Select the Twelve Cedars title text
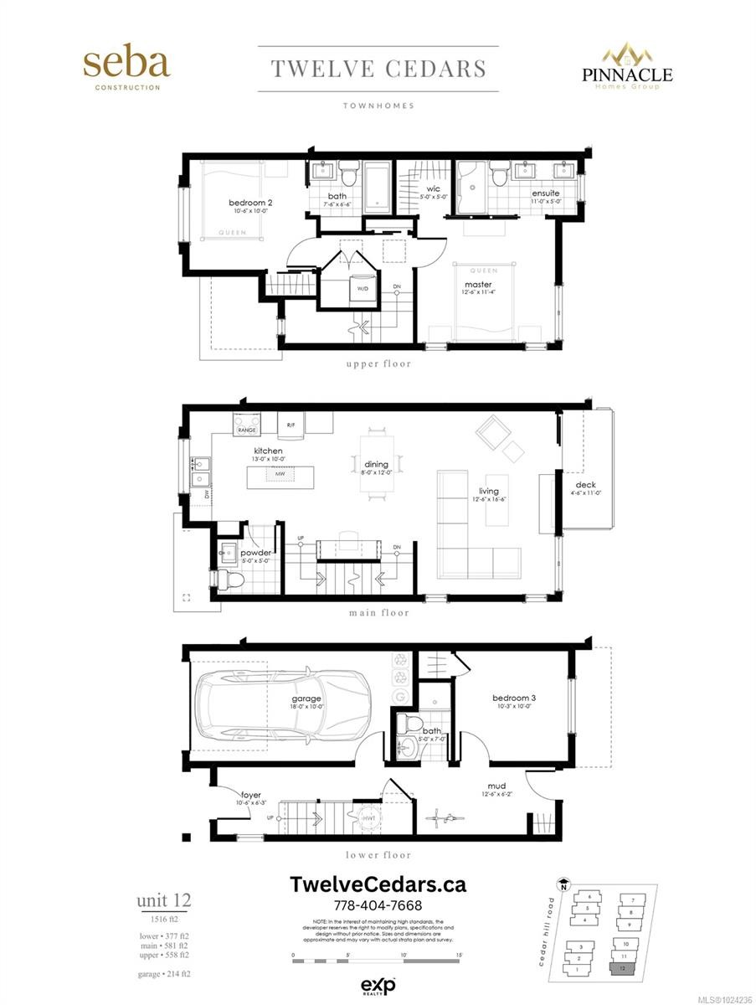(x=378, y=69)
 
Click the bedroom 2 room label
(x=250, y=203)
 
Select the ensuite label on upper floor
(x=545, y=194)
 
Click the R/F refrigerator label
(x=291, y=425)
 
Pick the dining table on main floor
(x=376, y=466)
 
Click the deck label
(x=585, y=485)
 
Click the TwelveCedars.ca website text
(x=378, y=884)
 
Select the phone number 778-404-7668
(x=378, y=906)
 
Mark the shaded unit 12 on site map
(x=622, y=968)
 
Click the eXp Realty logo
(x=378, y=985)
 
